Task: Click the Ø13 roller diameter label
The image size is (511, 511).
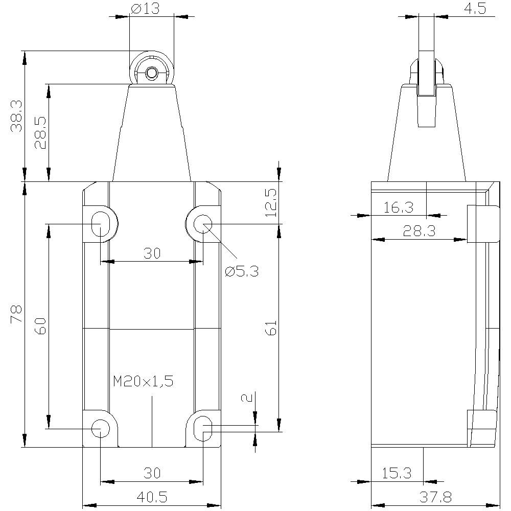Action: click(x=145, y=9)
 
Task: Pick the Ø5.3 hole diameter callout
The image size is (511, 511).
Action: click(x=242, y=271)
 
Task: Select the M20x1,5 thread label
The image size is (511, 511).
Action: click(x=144, y=381)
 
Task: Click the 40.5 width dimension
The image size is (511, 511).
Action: click(x=152, y=496)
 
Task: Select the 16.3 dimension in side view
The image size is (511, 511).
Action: click(x=399, y=207)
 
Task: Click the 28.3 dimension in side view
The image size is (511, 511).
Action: click(x=419, y=231)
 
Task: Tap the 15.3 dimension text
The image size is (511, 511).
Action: click(x=397, y=473)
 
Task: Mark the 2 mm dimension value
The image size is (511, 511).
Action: click(x=248, y=398)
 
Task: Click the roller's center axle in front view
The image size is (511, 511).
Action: click(x=151, y=74)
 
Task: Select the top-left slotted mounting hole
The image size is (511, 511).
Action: click(x=100, y=223)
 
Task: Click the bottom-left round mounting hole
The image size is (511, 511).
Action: click(x=100, y=428)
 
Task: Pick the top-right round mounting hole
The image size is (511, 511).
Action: click(x=203, y=223)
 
